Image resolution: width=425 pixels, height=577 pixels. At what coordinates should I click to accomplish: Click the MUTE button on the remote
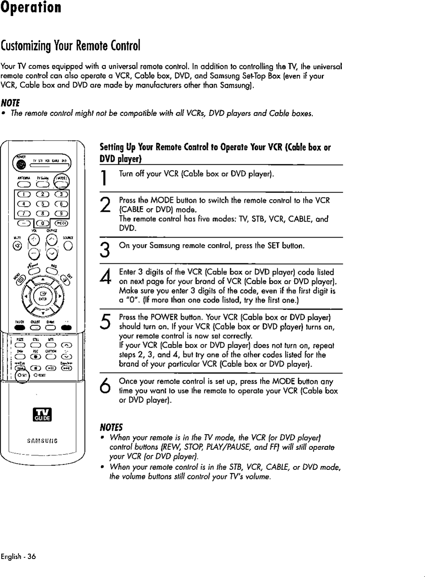17,246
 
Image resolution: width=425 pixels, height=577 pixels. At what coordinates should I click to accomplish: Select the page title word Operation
31,8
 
